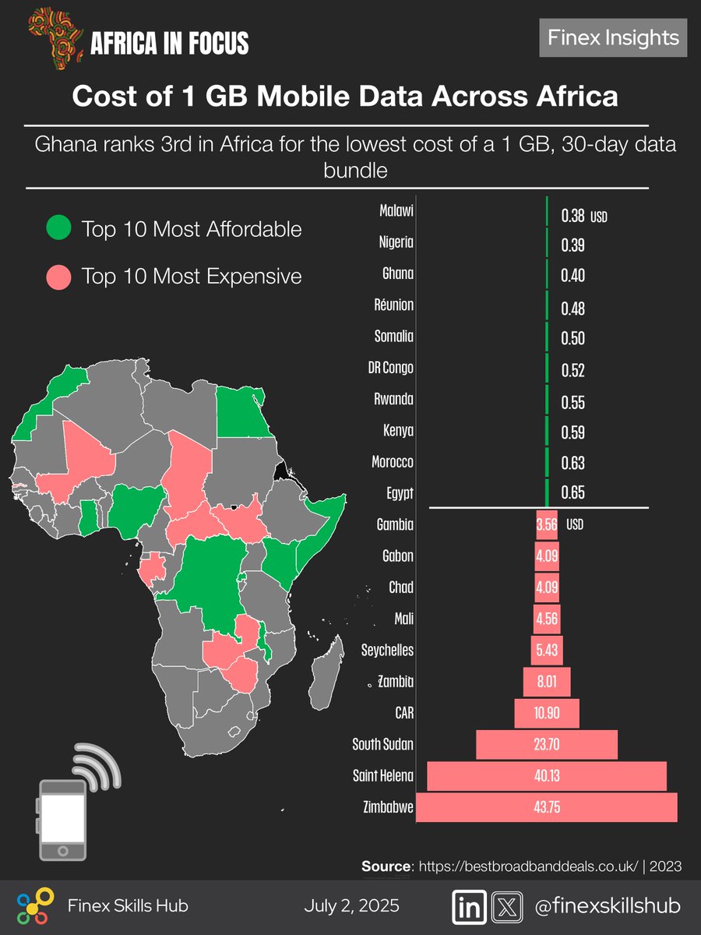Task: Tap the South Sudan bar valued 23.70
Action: [x=547, y=744]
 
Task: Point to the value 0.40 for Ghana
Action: [x=572, y=276]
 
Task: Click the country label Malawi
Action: [x=396, y=211]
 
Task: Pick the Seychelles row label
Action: [x=388, y=650]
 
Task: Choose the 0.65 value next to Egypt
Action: [x=572, y=493]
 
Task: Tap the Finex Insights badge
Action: [x=613, y=38]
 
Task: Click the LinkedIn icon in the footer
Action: [x=470, y=906]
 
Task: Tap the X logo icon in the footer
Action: [x=506, y=906]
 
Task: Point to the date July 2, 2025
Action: [x=351, y=906]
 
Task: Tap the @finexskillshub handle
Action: [x=608, y=906]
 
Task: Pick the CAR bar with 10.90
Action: [x=547, y=713]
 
